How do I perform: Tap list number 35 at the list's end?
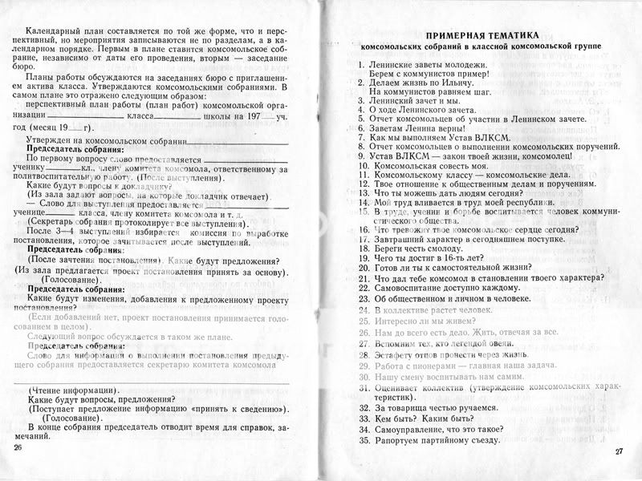click(364, 440)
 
